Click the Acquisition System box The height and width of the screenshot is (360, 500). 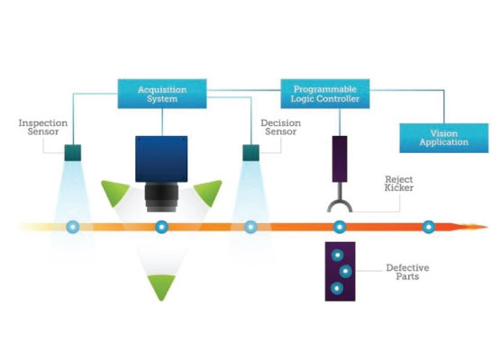162,94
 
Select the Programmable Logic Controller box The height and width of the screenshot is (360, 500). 325,94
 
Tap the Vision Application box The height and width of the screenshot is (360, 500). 444,138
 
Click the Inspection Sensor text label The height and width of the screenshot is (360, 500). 43,127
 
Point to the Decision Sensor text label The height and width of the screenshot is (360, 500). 280,127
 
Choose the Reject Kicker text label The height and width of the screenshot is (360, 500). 399,184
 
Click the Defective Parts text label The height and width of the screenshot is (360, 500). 407,272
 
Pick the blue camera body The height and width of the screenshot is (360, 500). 161,159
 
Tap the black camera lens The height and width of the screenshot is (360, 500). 161,197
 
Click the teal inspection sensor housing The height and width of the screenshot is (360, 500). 73,153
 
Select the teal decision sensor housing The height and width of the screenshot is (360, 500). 251,153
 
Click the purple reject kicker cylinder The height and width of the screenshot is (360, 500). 340,159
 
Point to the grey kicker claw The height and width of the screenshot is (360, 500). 340,202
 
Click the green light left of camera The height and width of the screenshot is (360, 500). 114,192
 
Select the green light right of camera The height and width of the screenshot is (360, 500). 208,192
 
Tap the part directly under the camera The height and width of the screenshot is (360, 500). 161,227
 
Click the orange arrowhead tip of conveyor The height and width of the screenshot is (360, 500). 488,227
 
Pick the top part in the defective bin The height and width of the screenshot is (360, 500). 337,256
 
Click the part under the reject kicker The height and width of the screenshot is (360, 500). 340,227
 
